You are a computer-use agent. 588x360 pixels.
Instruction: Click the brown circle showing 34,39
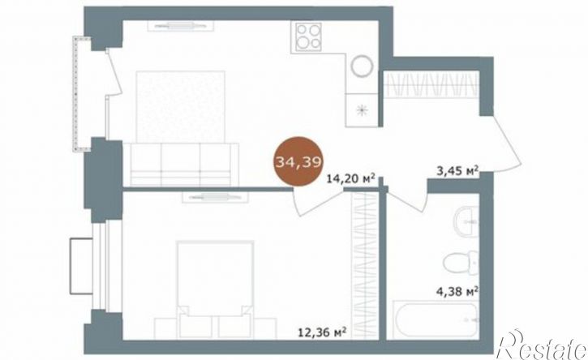299,161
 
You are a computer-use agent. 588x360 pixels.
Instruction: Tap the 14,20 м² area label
351,179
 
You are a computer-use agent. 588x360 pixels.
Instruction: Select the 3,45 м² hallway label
457,171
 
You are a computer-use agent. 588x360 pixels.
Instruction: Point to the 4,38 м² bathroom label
457,291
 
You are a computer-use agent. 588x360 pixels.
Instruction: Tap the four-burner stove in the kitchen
308,36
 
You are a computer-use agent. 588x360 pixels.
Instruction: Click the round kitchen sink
363,66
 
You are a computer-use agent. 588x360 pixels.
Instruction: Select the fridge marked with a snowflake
362,110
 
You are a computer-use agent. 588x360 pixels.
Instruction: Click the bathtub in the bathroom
436,319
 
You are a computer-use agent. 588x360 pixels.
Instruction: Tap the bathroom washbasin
466,221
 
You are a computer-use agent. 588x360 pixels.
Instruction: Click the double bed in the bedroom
215,289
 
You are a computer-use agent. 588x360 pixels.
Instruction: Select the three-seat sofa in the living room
181,164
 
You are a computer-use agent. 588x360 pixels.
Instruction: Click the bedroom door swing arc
318,205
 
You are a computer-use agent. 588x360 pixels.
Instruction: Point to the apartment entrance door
506,144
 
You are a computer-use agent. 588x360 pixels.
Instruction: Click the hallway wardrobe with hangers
431,84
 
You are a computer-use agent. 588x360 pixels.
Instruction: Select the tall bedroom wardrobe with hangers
364,265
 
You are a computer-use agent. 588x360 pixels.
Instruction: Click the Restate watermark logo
542,345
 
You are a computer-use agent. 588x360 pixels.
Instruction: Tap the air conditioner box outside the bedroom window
81,265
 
